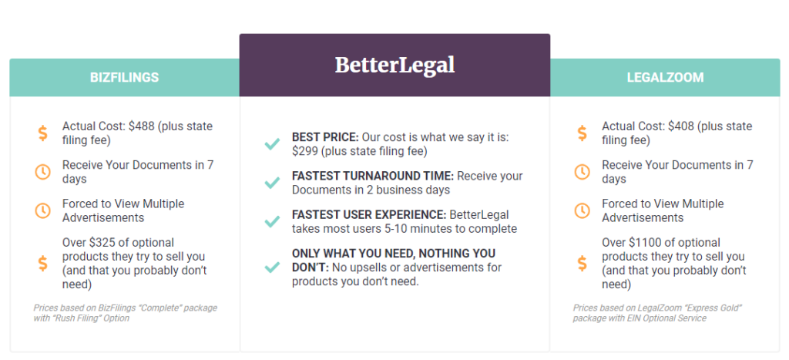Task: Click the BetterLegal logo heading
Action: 395,66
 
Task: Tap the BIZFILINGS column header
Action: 124,78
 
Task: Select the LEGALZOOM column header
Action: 665,78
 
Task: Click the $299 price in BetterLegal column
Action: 305,151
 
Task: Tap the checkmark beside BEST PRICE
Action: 272,144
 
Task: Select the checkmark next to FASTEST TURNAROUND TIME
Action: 272,183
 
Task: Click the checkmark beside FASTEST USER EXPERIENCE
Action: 272,221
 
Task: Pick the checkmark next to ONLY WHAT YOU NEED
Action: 272,267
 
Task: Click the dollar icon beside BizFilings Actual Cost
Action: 43,133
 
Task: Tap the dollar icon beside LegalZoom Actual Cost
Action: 583,133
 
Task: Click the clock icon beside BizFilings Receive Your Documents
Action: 43,172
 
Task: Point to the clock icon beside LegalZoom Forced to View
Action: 583,210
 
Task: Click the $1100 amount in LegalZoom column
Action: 645,243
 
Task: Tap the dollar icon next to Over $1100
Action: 583,263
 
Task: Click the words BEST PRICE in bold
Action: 324,137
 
